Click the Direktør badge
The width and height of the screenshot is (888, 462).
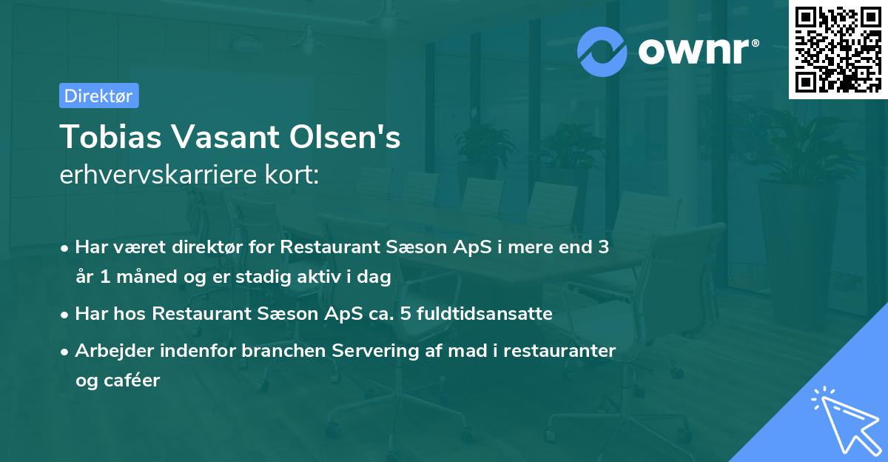98,96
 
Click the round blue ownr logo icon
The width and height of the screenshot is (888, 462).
602,51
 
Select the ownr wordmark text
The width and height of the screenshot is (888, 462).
696,51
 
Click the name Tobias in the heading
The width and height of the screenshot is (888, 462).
101,137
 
